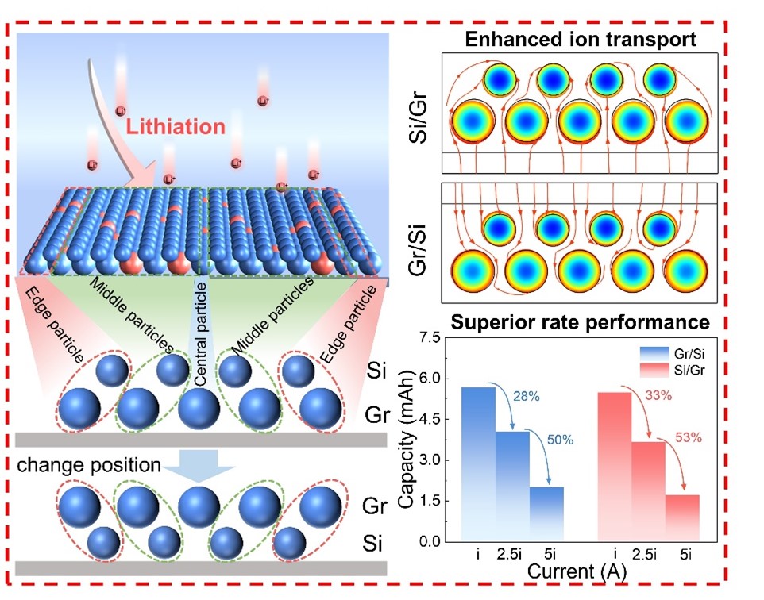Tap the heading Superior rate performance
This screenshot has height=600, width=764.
coord(581,322)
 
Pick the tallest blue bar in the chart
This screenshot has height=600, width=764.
coord(479,463)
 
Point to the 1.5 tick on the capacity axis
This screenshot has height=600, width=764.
coord(434,501)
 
